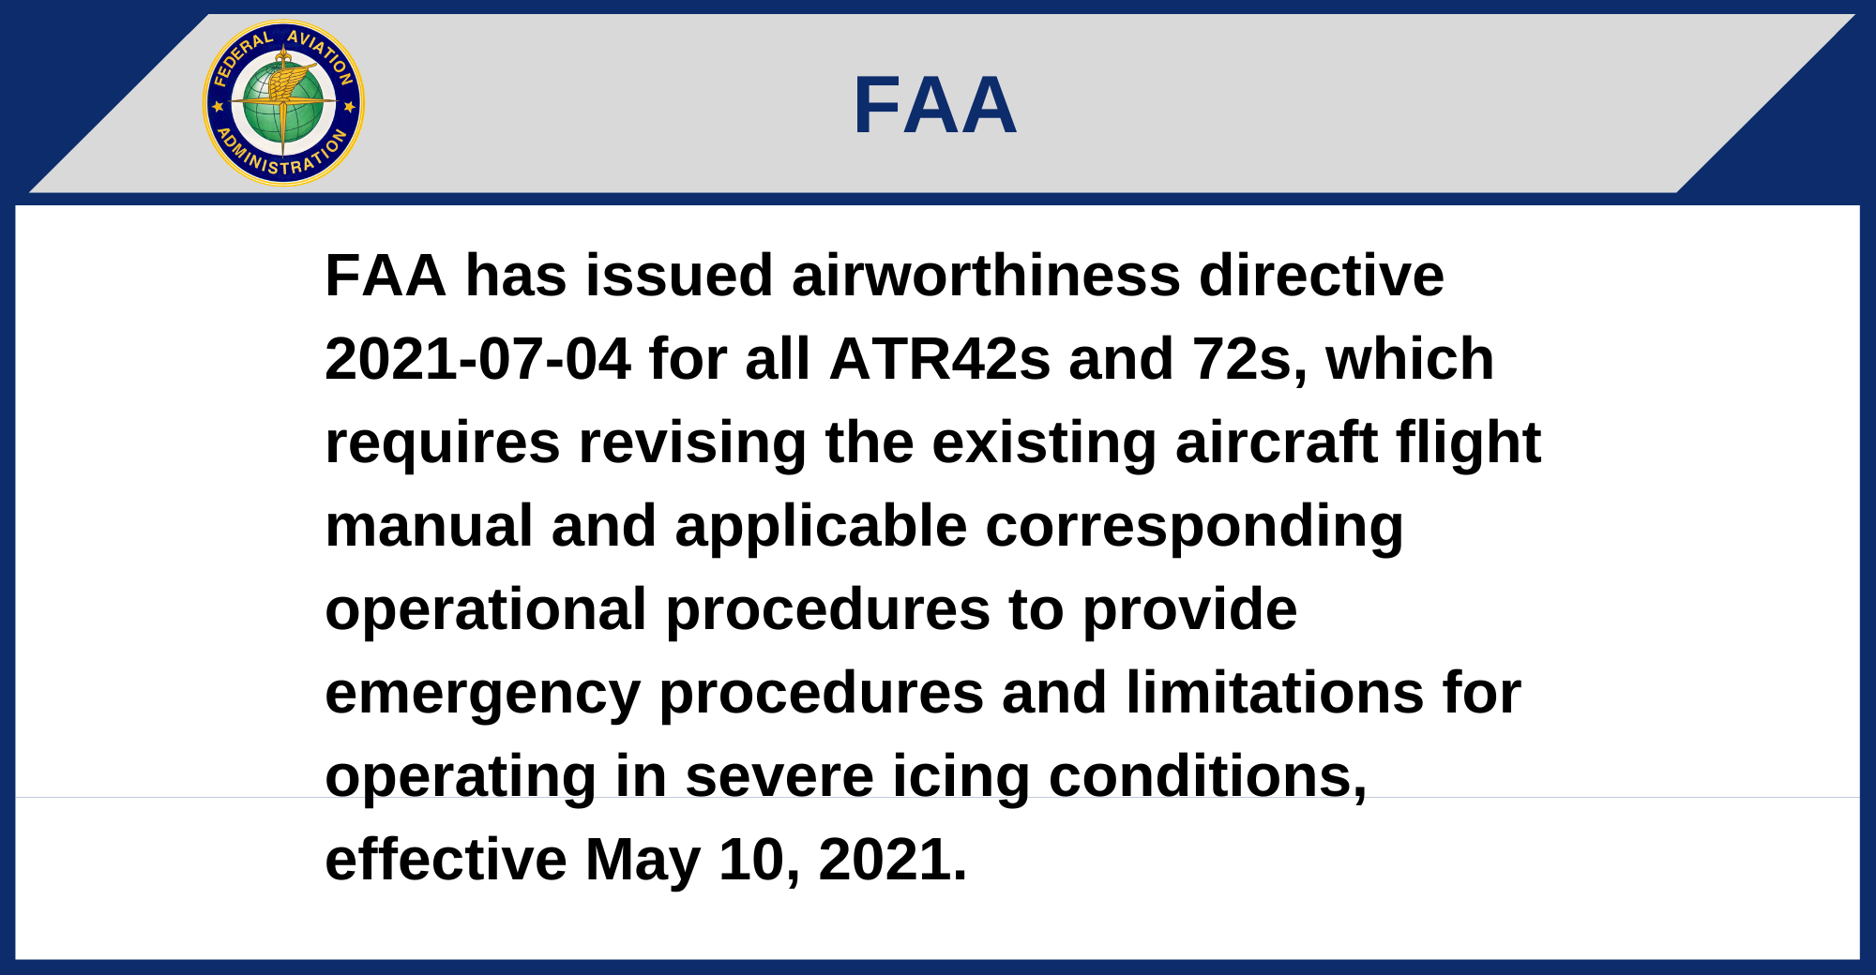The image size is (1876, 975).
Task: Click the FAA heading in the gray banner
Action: [x=935, y=105]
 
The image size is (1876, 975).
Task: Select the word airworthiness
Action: [x=986, y=276]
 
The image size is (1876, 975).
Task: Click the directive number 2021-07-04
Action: [x=477, y=359]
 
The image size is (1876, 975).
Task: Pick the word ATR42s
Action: [x=940, y=359]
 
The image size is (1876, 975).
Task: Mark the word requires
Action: [x=443, y=443]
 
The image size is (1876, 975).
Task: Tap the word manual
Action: [x=429, y=526]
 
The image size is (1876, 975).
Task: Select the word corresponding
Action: [x=1194, y=528]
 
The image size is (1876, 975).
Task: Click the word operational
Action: [x=486, y=609]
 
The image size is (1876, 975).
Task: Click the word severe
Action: [x=779, y=778]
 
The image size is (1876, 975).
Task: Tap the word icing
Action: [x=961, y=778]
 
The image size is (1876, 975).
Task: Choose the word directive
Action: [x=1322, y=276]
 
